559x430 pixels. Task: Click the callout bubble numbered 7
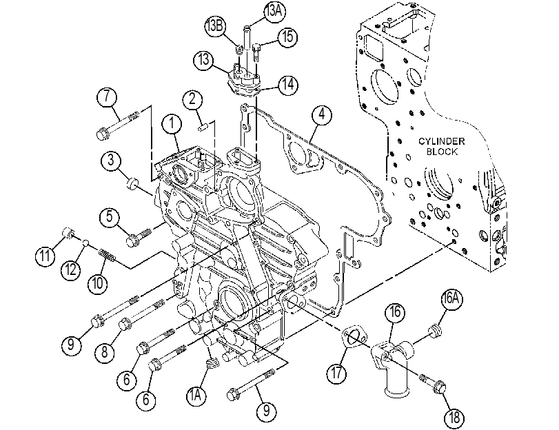(108, 97)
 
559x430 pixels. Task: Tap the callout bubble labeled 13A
(274, 12)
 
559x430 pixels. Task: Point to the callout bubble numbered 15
(288, 37)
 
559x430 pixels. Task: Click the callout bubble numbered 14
(288, 85)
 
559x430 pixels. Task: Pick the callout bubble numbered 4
(322, 115)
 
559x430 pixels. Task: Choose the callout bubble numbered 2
(192, 99)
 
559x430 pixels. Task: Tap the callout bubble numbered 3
(111, 160)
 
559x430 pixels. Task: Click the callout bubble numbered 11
(45, 256)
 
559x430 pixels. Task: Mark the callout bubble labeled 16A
(451, 298)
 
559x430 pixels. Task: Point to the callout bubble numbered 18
(454, 417)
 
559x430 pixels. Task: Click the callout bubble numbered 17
(337, 373)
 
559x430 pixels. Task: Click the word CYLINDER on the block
(441, 141)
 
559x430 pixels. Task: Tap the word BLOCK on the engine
(442, 152)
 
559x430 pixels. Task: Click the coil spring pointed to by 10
(107, 255)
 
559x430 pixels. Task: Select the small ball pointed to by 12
(85, 243)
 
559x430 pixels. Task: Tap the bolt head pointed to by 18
(440, 387)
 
